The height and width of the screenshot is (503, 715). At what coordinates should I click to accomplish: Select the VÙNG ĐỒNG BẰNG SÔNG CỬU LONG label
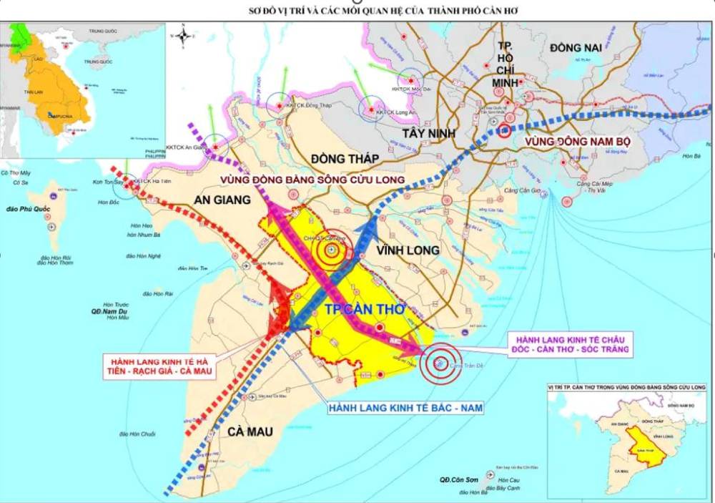tap(312, 179)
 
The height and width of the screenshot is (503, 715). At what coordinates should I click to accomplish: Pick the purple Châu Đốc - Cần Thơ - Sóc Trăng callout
tap(568, 343)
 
